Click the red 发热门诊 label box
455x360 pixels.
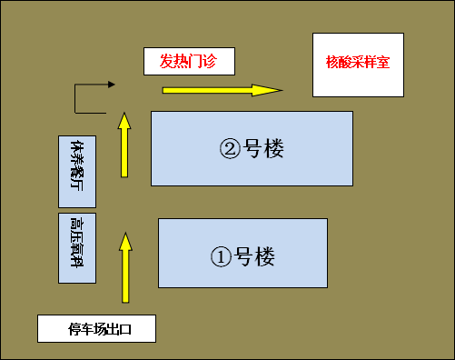(x=189, y=61)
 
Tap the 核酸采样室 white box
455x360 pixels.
(x=357, y=64)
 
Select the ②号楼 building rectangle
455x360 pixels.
(x=252, y=148)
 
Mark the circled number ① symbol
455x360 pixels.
(x=221, y=256)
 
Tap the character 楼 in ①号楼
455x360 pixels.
(x=263, y=256)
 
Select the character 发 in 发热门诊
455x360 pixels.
(x=168, y=61)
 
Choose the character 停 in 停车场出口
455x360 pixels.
(x=75, y=329)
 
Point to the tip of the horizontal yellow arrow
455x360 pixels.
(x=281, y=90)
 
